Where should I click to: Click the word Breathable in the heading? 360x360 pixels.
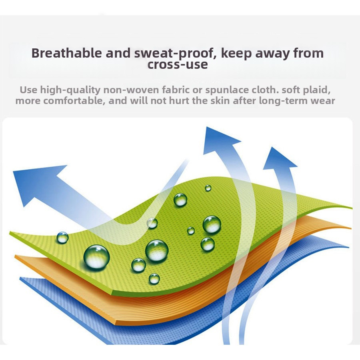(x=66, y=53)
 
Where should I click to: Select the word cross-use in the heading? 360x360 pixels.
(x=178, y=64)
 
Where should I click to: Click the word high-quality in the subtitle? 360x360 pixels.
(x=70, y=90)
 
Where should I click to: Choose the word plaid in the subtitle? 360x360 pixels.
(x=317, y=90)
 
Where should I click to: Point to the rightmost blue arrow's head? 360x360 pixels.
(x=278, y=160)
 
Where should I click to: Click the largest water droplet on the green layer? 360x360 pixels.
(x=96, y=257)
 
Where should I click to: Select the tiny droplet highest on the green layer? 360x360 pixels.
(x=208, y=188)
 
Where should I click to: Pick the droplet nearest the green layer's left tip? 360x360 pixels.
(x=62, y=238)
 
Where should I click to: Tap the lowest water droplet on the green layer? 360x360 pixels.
(x=154, y=279)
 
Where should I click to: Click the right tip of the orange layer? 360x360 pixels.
(x=351, y=228)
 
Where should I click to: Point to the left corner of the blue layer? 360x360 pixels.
(x=20, y=278)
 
